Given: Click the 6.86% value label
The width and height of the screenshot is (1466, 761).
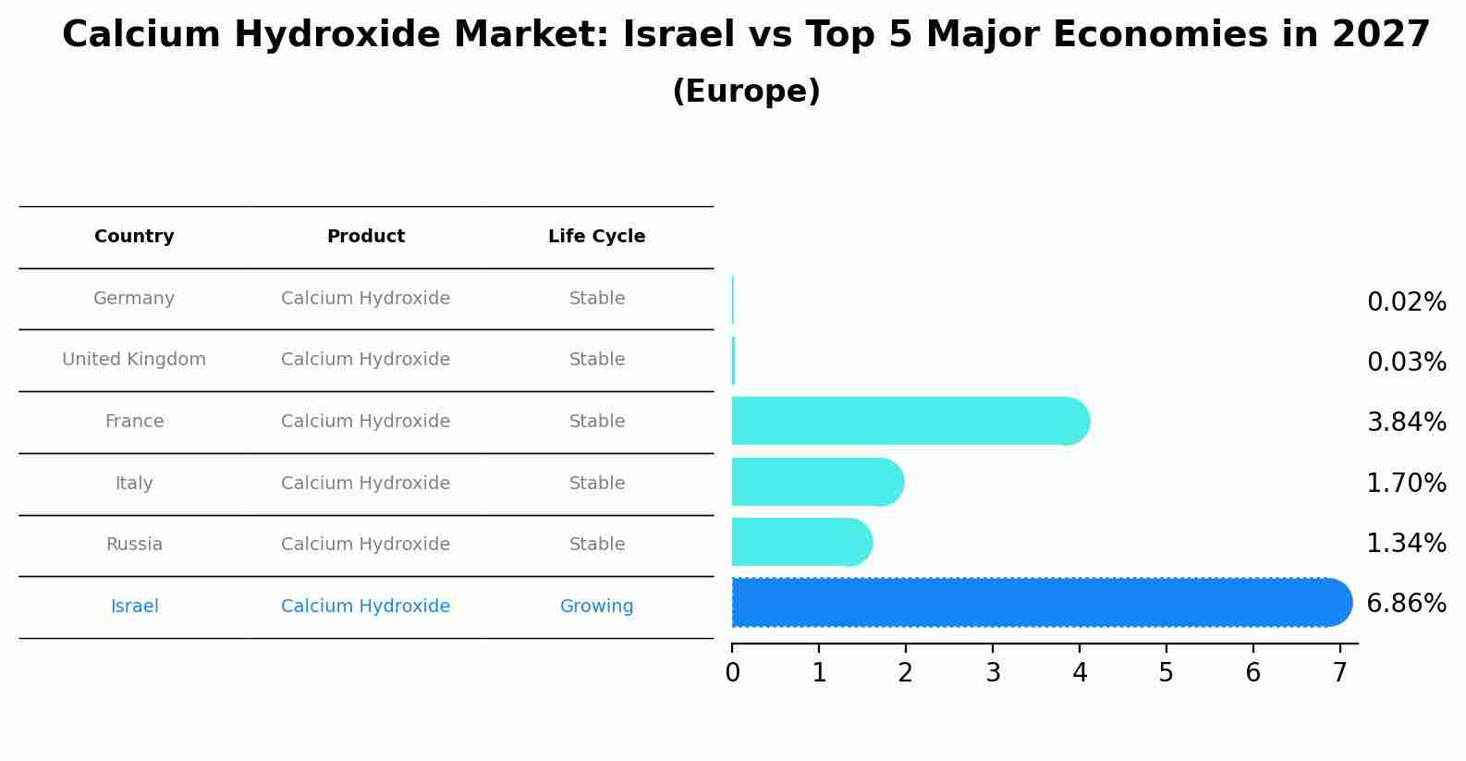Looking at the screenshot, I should tap(1406, 604).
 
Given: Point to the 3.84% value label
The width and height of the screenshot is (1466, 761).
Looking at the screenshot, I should tap(1406, 423).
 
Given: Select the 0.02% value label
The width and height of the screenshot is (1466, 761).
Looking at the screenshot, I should tap(1406, 302).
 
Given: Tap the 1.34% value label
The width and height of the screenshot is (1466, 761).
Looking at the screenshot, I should tap(1406, 544).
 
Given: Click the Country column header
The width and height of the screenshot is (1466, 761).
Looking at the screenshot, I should tap(134, 237).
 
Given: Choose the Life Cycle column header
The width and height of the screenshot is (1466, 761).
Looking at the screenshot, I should tap(596, 237).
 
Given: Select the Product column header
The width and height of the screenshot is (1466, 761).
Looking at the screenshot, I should tap(366, 237).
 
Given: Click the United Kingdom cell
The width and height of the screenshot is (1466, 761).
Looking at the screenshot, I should tap(134, 360).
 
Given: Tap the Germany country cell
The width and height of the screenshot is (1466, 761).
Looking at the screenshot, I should tap(134, 299).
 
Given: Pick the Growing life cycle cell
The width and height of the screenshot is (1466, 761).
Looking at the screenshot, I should tap(596, 607).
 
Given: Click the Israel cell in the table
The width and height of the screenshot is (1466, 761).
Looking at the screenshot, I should tap(134, 607).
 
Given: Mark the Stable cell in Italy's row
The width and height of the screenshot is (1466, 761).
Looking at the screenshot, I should tap(596, 484).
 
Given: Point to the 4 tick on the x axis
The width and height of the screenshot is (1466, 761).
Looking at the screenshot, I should tap(1080, 673).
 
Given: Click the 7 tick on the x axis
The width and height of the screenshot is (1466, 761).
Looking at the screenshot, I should tap(1339, 673).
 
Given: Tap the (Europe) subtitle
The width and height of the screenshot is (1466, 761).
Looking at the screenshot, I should tap(746, 92).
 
